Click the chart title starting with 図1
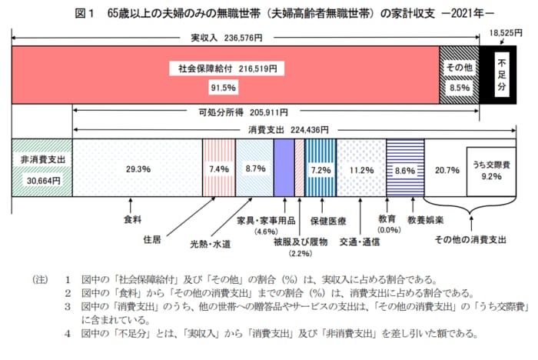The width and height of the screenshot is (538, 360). point(269,13)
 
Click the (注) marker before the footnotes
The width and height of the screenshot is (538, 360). point(39,279)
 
